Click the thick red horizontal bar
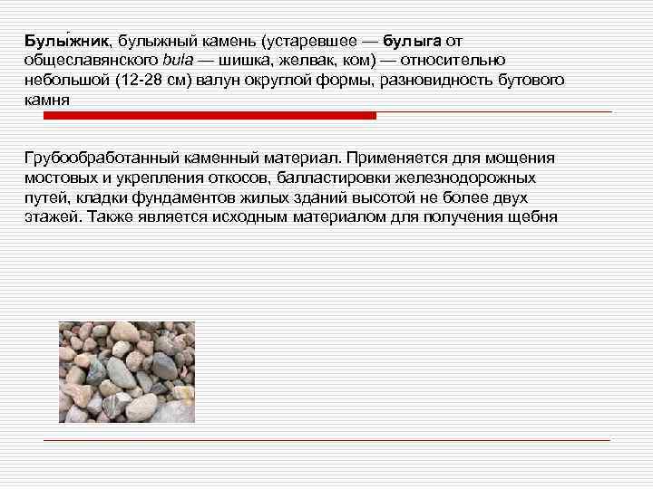[x=200, y=116]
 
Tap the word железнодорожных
[x=468, y=177]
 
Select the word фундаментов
[x=181, y=197]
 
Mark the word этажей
[x=51, y=217]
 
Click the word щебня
[x=538, y=217]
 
